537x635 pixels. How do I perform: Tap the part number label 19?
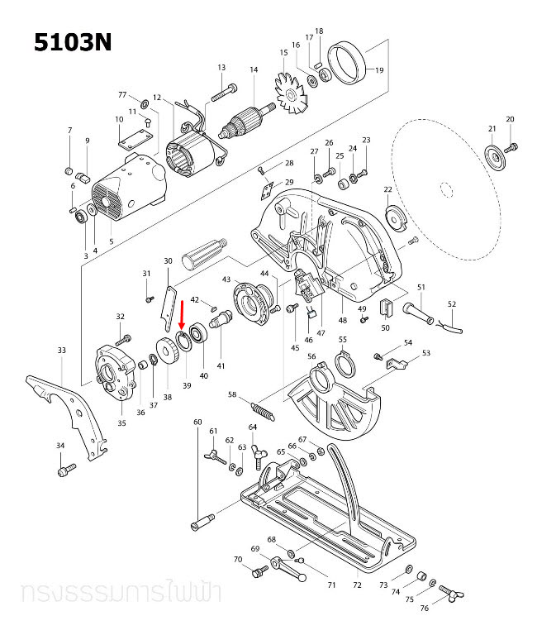click(380, 70)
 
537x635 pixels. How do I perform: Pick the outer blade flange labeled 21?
click(494, 157)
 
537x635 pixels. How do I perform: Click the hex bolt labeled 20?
click(511, 146)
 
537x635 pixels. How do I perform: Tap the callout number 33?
click(61, 351)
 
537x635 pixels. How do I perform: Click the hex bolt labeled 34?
click(64, 470)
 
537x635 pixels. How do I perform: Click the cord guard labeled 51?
click(417, 312)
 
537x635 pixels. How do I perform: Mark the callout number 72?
click(357, 585)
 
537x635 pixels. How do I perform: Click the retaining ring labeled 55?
click(345, 361)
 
